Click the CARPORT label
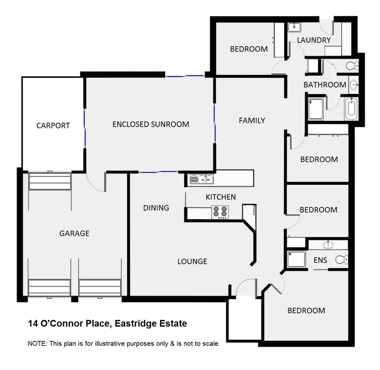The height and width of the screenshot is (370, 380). [53, 126]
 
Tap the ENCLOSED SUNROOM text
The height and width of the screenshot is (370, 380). [150, 124]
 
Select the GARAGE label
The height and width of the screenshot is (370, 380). [74, 233]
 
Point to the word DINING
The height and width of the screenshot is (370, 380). [156, 208]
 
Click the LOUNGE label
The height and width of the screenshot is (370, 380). [192, 261]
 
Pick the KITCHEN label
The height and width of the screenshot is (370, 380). [220, 197]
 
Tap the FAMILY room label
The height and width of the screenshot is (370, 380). [252, 120]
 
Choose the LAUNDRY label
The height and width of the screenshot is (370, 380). [314, 40]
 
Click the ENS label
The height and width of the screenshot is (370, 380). [320, 260]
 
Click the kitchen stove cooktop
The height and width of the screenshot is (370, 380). [220, 212]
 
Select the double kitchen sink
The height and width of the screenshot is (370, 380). [201, 178]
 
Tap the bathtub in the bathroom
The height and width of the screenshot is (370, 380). [352, 109]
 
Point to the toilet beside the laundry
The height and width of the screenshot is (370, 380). [351, 65]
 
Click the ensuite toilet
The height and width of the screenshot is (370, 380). [344, 259]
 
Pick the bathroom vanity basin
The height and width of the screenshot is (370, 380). [353, 85]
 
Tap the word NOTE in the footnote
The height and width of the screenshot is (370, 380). [37, 344]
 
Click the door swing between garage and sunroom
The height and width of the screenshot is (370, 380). [96, 181]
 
